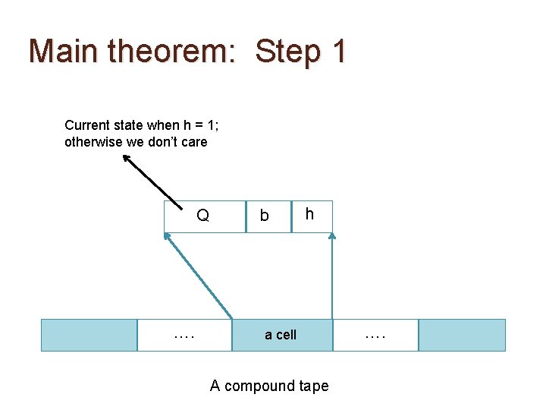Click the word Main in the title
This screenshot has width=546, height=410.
point(64,51)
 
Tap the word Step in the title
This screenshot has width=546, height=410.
point(289,51)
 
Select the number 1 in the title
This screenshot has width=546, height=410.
point(338,51)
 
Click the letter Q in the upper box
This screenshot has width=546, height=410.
point(202,216)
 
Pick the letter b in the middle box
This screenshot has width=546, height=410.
point(264,216)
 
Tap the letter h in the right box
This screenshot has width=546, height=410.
point(309,215)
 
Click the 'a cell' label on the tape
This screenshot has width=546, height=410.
point(281,335)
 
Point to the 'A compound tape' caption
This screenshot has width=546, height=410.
point(269,386)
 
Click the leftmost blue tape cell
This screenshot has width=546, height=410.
point(89,335)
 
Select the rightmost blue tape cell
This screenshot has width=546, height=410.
point(462,335)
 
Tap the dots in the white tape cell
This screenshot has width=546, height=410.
point(184,334)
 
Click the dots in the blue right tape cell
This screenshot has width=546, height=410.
point(375,334)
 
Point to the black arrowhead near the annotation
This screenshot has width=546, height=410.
point(127,159)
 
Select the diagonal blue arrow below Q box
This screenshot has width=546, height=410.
point(199,277)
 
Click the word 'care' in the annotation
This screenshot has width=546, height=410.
point(193,142)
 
